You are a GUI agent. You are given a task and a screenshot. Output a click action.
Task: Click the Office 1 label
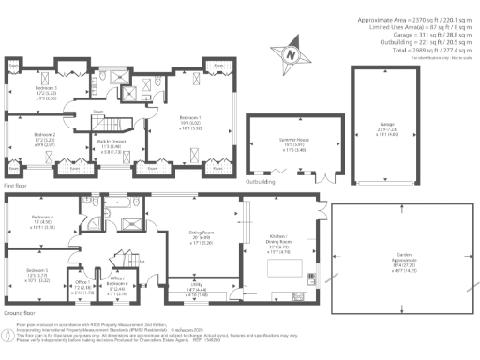click(x=83, y=284)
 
